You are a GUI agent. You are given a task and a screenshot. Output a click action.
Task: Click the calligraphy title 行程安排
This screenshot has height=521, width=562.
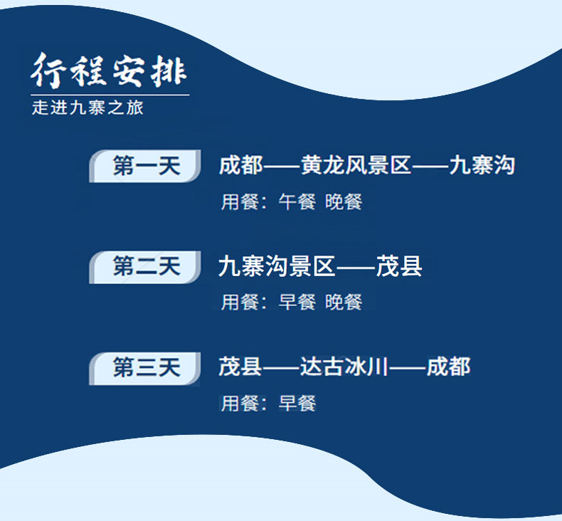109,70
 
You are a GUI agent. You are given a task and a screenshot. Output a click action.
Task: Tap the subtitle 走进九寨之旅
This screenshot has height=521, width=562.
88,107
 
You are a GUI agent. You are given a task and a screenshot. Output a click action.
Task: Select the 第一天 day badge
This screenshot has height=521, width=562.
145,166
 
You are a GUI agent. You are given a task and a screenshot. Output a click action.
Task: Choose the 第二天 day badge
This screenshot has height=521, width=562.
145,267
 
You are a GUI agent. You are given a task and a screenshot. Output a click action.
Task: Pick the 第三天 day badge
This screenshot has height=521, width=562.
145,368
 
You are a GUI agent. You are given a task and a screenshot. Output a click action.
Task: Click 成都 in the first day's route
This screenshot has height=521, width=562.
241,165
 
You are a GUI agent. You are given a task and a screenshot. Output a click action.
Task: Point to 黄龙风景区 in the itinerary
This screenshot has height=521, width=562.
356,165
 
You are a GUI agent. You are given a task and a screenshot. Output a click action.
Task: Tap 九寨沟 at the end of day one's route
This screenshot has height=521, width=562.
482,165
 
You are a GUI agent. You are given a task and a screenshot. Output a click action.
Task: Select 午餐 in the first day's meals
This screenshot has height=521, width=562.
297,201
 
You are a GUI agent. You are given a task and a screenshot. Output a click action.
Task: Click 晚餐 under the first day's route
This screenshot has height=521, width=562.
344,201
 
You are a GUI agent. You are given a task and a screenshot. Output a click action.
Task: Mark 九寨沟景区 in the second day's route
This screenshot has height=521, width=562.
277,266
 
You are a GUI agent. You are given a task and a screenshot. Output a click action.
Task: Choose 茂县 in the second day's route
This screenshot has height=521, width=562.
399,266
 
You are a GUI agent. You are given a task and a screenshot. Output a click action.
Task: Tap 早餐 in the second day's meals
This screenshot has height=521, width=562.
297,302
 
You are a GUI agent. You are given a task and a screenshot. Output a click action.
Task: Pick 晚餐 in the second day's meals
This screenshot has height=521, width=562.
344,302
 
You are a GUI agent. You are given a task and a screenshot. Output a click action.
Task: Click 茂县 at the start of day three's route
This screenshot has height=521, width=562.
240,367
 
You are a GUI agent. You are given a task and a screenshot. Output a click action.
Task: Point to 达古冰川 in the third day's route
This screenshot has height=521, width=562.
344,367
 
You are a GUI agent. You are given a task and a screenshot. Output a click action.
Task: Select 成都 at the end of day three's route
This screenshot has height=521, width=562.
448,367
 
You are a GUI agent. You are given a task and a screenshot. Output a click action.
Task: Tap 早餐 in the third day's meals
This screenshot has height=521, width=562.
297,404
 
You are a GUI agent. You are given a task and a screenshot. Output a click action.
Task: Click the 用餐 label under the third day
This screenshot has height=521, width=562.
240,404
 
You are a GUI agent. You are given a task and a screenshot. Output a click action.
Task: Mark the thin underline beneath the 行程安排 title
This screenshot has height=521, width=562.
110,95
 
